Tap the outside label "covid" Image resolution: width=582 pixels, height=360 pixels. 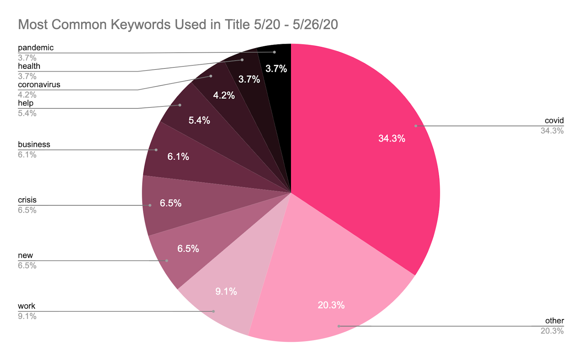tap(554, 120)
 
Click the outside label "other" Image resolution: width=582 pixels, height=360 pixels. tap(554, 321)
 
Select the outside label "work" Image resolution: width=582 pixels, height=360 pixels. tap(27, 306)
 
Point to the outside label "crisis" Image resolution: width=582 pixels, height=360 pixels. tap(27, 200)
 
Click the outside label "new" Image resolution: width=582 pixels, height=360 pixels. tap(25, 256)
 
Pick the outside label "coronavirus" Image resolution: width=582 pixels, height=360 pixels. tap(39, 85)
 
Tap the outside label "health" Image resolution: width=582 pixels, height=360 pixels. tap(29, 66)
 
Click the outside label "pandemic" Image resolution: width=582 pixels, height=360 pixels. tap(36, 48)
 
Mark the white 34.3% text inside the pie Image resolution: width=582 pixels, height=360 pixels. tap(392, 138)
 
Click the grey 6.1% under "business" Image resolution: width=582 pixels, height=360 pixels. tap(27, 155)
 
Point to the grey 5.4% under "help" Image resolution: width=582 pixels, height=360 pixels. tap(27, 113)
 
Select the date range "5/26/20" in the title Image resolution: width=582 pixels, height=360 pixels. tap(315, 25)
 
